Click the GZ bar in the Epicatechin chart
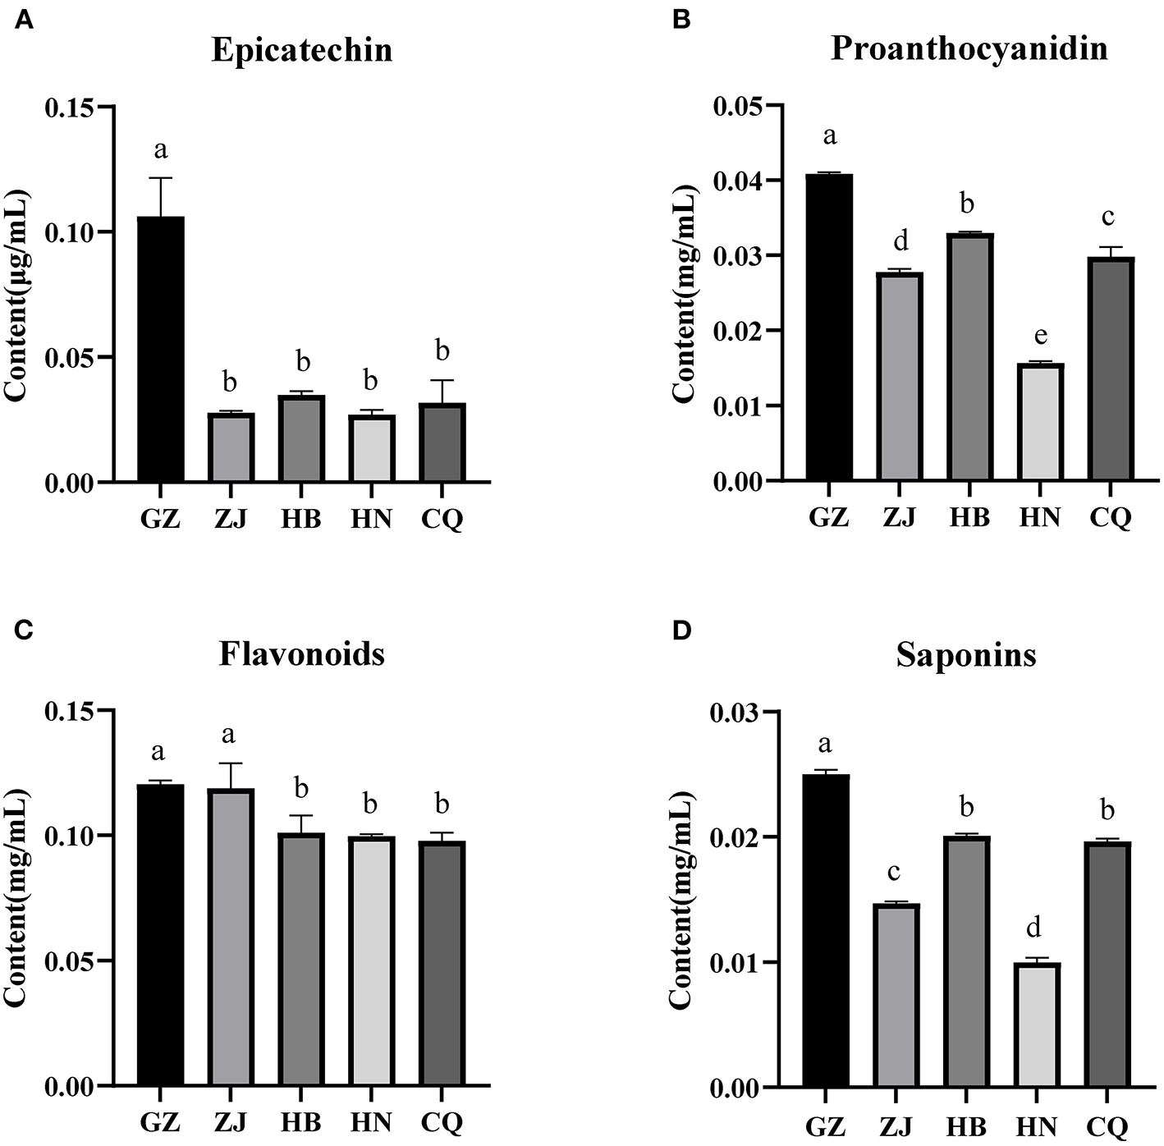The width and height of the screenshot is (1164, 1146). click(161, 349)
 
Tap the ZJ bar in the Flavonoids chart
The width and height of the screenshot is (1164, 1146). click(231, 937)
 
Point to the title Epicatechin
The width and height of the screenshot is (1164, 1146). click(301, 50)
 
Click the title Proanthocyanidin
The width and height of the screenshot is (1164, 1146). click(969, 48)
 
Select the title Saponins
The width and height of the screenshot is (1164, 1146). click(965, 655)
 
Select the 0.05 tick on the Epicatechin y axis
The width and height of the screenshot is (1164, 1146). click(71, 357)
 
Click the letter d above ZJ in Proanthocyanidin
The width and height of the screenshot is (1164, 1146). click(900, 241)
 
